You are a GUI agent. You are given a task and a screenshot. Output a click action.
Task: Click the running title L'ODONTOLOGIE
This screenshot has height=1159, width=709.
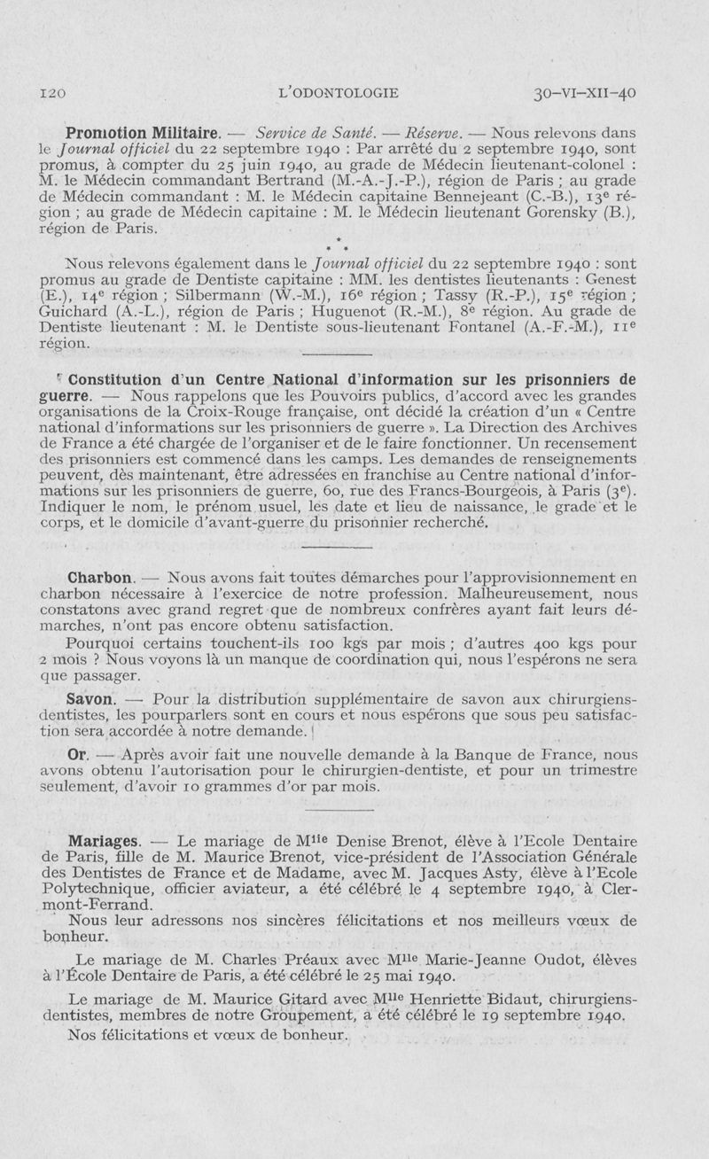click(x=338, y=92)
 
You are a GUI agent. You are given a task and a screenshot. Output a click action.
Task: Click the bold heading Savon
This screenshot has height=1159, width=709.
click(x=91, y=698)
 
